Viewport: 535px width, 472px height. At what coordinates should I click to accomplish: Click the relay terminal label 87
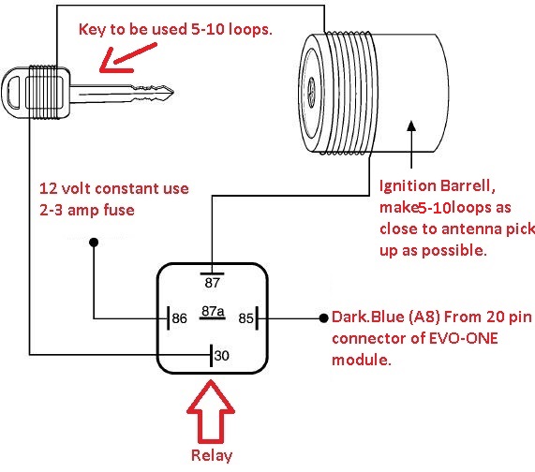[213, 283]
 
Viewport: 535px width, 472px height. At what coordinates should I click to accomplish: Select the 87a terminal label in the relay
[213, 311]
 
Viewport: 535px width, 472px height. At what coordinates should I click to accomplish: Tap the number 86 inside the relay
[180, 318]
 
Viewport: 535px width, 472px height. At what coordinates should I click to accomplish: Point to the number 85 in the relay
[246, 318]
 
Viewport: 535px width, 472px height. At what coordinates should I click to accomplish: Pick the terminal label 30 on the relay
[222, 356]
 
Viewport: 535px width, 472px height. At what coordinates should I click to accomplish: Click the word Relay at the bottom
[212, 456]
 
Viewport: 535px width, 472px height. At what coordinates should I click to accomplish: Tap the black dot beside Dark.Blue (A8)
[324, 318]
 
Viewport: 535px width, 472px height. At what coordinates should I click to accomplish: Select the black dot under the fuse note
[94, 243]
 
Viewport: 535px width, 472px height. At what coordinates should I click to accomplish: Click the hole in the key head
[14, 92]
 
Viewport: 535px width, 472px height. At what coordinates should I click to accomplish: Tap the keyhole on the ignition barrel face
[311, 92]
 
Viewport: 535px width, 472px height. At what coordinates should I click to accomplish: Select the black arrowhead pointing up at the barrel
[412, 125]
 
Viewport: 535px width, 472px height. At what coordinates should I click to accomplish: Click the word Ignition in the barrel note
[408, 186]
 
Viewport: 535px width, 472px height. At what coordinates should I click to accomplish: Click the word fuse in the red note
[119, 210]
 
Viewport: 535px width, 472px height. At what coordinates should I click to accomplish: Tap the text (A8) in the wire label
[424, 317]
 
